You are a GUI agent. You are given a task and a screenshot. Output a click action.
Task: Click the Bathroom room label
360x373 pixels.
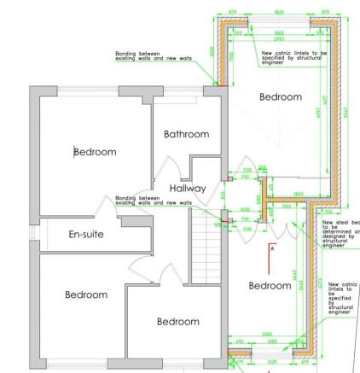pos(185,135)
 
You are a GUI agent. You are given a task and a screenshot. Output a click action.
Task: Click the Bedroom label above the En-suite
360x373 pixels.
pos(95,152)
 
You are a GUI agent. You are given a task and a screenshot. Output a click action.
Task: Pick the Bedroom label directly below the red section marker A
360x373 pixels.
pos(270,284)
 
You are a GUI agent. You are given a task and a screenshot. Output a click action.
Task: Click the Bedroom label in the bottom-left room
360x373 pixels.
pos(86,294)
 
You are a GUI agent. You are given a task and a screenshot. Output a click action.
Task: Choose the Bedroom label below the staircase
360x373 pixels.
pos(177,322)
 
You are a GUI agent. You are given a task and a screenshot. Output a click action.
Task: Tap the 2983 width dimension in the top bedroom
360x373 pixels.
pos(279,39)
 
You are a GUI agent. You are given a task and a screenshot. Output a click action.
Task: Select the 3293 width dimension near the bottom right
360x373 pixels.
pos(267,334)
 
